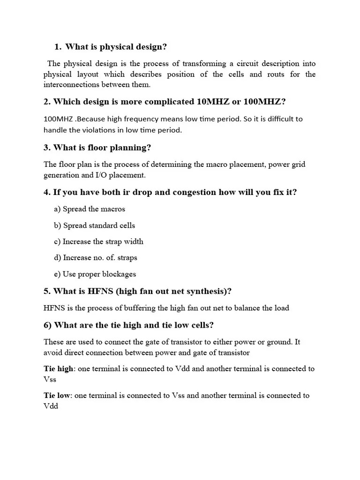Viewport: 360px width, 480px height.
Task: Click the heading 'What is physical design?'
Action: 116,47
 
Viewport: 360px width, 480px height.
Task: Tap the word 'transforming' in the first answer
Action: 189,63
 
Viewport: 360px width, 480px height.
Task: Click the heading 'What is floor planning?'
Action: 102,148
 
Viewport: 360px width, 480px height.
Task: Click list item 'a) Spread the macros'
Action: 90,209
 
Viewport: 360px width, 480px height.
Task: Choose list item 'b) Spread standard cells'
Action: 94,225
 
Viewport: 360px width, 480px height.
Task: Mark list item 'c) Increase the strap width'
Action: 98,241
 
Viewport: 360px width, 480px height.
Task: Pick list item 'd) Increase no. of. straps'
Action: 96,257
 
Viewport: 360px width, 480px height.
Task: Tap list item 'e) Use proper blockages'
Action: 95,274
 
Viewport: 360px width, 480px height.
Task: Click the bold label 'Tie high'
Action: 59,368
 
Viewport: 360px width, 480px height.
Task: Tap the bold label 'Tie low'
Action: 57,395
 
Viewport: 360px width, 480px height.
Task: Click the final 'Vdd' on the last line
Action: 51,406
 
